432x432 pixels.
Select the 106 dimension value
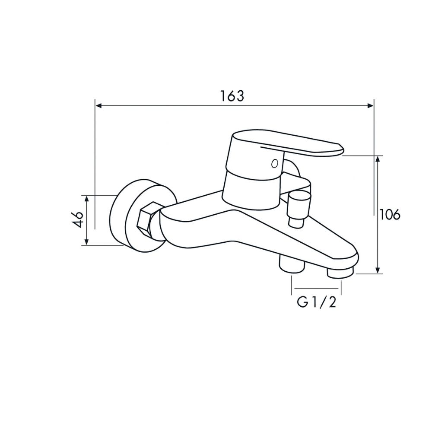pos(390,214)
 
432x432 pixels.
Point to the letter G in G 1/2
pos(302,302)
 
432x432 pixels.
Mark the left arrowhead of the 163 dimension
pos(98,105)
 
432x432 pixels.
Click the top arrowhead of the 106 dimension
pos(378,159)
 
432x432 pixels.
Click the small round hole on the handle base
pos(273,163)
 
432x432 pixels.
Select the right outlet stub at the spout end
pos(340,273)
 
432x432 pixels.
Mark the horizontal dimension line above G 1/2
pos(317,288)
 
